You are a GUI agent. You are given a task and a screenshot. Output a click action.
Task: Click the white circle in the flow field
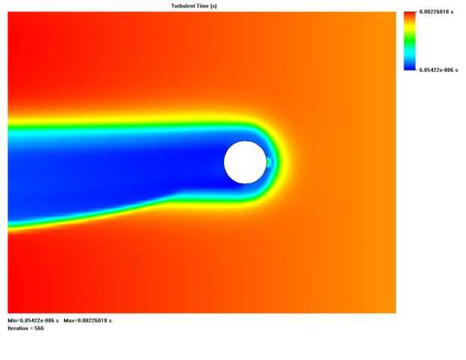tap(245, 162)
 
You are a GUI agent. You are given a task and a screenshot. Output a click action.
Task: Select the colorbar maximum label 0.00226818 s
tap(436, 12)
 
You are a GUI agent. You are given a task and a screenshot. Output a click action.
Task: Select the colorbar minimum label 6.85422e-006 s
tap(438, 70)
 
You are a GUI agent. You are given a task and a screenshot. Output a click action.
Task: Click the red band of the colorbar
tap(410, 16)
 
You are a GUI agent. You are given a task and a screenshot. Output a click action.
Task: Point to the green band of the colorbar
tap(410, 38)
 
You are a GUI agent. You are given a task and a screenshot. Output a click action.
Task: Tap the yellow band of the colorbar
tap(410, 27)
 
